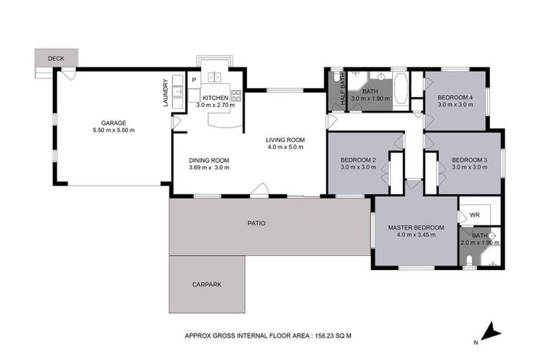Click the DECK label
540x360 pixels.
coord(56,58)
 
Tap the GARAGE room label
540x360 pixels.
coord(113,122)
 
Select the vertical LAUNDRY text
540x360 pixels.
coord(166,92)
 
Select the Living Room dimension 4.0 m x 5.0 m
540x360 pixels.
coord(284,147)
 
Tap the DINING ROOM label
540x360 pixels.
coord(210,160)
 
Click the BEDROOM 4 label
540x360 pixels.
coord(456,97)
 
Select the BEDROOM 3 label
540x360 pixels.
coord(470,159)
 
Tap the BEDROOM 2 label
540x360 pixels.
coord(358,160)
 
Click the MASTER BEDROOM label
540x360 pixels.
coord(416,227)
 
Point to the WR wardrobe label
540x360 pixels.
coord(475,214)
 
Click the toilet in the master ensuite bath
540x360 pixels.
coord(470,262)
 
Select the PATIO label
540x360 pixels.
coord(256,224)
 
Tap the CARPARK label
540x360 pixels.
coord(207,284)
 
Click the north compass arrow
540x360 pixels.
coord(493,330)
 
